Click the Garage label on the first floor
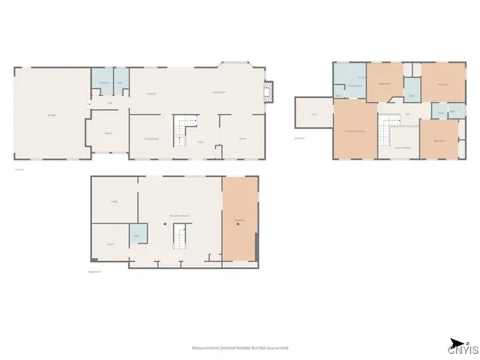(x=52, y=115)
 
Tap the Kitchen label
(x=151, y=94)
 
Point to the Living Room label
(x=219, y=92)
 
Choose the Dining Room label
(x=151, y=139)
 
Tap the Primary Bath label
(x=349, y=85)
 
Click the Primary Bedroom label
(x=355, y=131)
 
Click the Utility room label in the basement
(x=115, y=202)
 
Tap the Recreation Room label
(x=178, y=215)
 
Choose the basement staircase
(x=180, y=238)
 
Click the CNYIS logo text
(x=459, y=349)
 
